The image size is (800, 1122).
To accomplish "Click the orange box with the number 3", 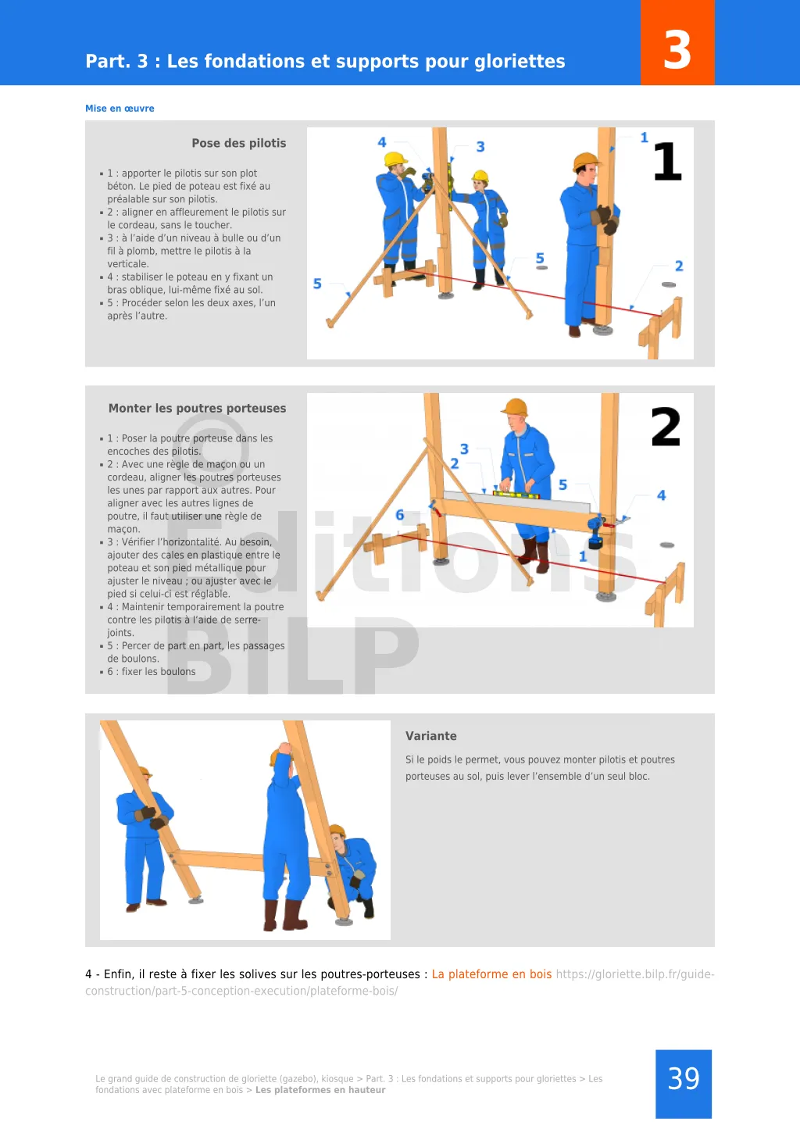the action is [677, 42].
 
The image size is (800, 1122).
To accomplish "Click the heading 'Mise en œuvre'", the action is [120, 108].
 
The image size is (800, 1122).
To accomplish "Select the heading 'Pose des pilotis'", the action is [239, 143].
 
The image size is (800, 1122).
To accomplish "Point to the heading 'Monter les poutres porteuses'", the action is [198, 408].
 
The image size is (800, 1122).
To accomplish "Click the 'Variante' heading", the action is [430, 736].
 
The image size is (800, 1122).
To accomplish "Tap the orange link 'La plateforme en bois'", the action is [491, 974].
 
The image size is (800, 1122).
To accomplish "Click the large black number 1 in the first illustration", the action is [668, 161].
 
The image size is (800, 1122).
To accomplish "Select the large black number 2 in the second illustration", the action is [666, 427].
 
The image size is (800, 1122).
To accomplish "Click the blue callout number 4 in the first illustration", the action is [382, 142].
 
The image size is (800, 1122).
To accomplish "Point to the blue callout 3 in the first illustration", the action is [480, 147].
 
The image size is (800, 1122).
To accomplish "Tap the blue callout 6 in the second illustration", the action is [400, 514].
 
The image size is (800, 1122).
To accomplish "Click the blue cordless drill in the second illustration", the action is [595, 532].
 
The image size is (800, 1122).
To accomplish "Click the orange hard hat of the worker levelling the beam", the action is [515, 407].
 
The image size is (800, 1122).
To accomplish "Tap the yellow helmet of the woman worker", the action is [480, 176].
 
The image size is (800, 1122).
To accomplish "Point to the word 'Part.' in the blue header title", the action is [105, 61].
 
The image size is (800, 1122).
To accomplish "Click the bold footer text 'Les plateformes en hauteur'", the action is [320, 1089].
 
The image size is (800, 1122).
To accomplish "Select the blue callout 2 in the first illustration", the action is [679, 266].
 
